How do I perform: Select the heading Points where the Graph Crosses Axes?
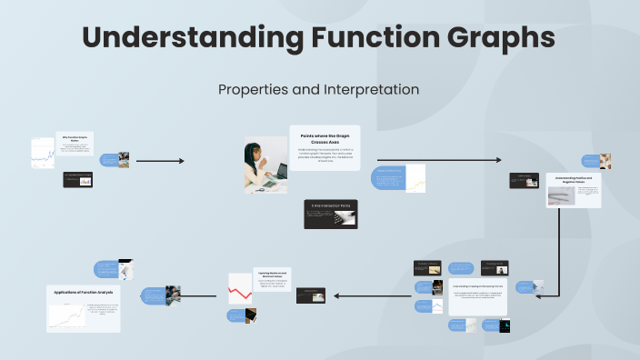tap(325, 139)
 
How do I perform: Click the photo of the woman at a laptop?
tap(265, 165)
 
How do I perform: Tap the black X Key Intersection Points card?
tap(330, 214)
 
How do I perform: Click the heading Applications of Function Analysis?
tap(83, 292)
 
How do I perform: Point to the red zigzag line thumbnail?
tap(240, 288)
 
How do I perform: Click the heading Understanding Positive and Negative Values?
tap(574, 180)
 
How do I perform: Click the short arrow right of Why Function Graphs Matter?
tap(159, 161)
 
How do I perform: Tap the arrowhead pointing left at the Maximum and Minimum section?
tap(337, 295)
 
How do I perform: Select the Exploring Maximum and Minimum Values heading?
tap(273, 273)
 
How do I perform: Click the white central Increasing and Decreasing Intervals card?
tap(478, 295)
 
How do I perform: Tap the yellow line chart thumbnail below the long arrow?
tap(415, 178)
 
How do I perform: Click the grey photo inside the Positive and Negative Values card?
tap(560, 196)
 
